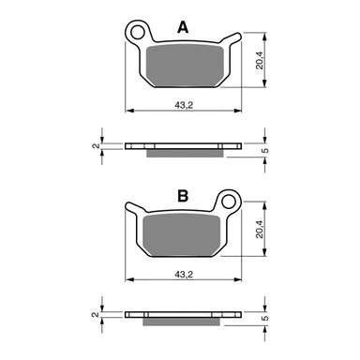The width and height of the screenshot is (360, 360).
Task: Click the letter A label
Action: tap(185, 30)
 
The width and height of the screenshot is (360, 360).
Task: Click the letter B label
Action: tap(185, 196)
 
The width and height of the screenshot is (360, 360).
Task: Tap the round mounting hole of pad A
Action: tap(141, 34)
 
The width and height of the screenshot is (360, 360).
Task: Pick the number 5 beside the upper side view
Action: tap(265, 149)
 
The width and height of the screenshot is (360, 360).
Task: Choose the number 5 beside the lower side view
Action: tap(265, 318)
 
